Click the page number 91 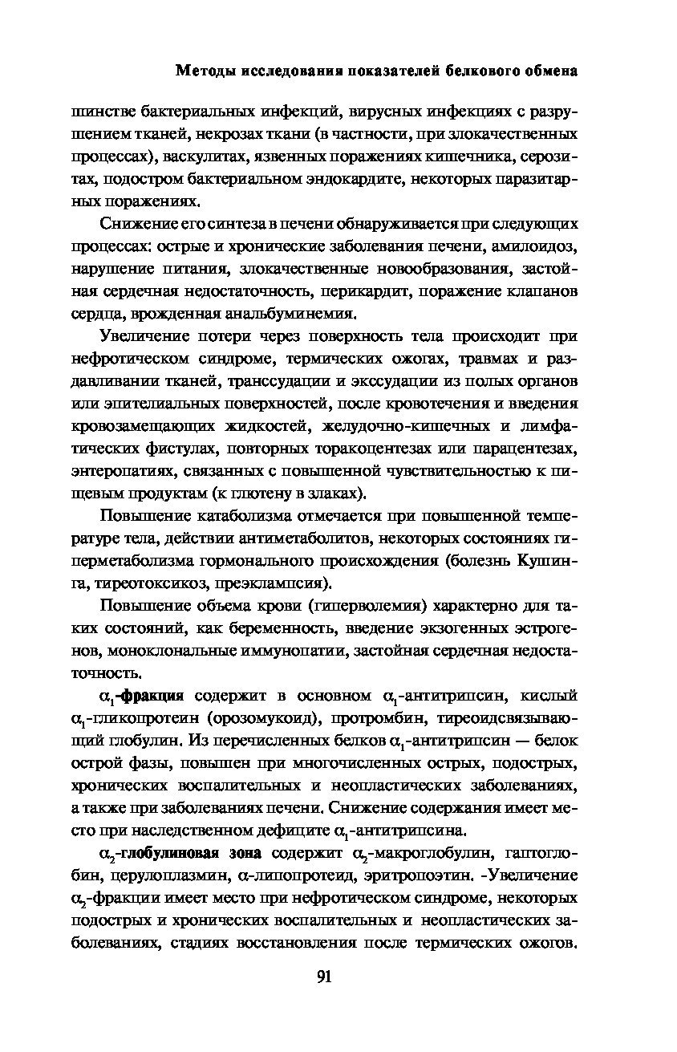click(x=324, y=977)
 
